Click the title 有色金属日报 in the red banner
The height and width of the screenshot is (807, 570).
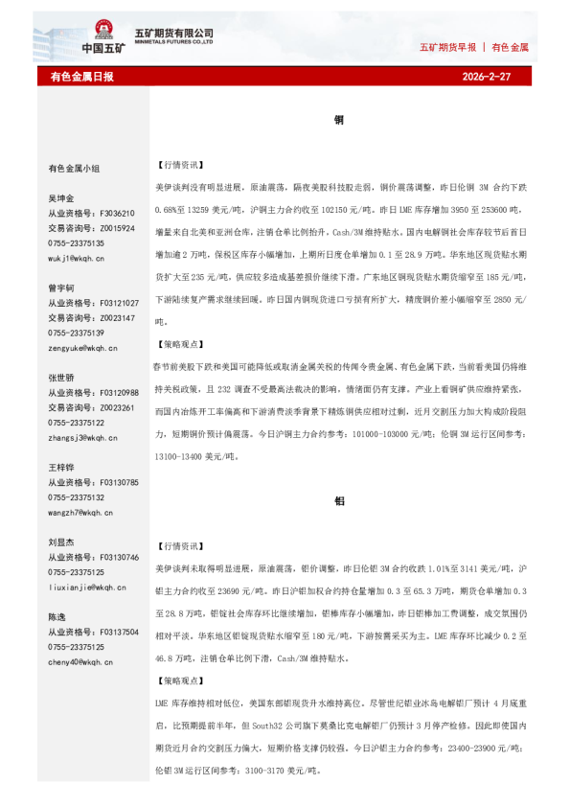[81, 76]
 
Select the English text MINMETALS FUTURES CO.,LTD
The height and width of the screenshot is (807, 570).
[172, 43]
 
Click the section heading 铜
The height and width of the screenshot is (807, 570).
[339, 121]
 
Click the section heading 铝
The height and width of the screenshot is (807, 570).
[339, 501]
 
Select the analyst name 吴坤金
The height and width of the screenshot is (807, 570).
[61, 198]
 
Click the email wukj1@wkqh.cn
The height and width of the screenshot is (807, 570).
[77, 259]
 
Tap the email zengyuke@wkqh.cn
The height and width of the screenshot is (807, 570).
[82, 348]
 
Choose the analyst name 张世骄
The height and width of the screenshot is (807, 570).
[61, 378]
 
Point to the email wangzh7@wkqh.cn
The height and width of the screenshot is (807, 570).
[81, 513]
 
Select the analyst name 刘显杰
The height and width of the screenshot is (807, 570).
[61, 542]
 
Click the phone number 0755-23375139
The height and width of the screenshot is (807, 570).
[77, 333]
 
